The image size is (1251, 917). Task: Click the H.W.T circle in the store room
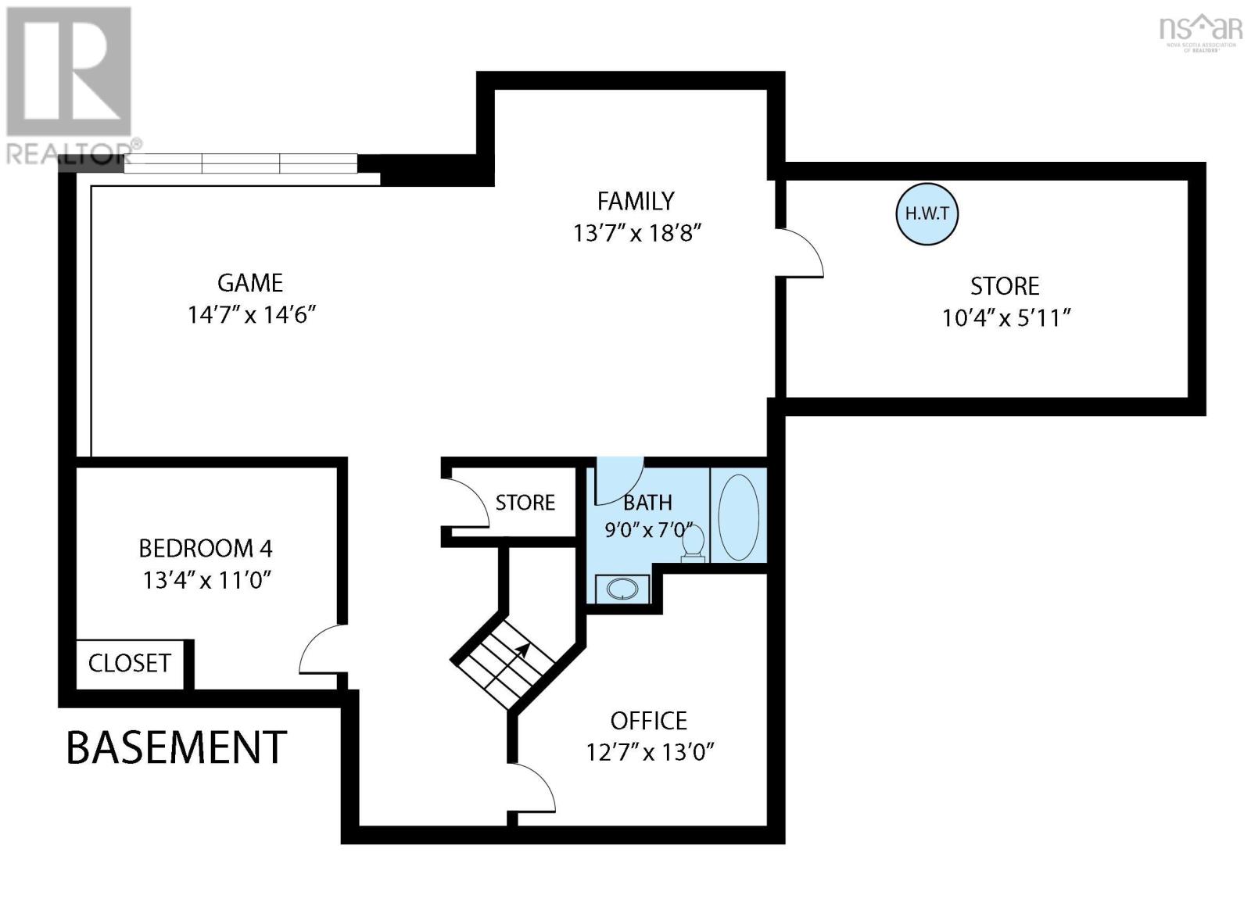[x=927, y=214]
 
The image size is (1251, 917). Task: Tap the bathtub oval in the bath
[x=738, y=518]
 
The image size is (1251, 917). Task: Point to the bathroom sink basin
[x=622, y=589]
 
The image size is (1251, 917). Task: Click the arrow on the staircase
[x=516, y=656]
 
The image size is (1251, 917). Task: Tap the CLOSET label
[x=130, y=664]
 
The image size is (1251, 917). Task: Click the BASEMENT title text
[x=177, y=747]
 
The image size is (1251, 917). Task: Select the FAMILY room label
[x=636, y=201]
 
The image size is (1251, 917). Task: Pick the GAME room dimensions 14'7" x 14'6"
[x=251, y=315]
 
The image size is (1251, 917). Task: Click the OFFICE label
[x=648, y=721]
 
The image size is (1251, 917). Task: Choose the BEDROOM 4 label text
[x=206, y=549]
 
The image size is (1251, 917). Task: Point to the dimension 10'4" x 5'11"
[x=1006, y=318]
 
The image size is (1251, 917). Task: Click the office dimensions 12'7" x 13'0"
[x=650, y=753]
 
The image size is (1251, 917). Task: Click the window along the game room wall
[x=241, y=163]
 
